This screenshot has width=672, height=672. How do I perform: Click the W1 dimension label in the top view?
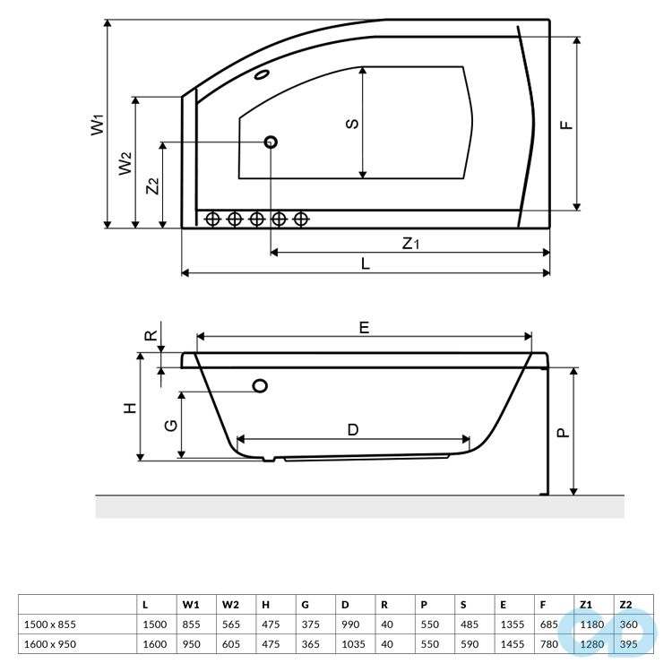click(98, 124)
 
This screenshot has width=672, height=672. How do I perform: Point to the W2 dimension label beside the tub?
click(126, 163)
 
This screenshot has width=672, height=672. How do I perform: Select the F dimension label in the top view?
click(565, 124)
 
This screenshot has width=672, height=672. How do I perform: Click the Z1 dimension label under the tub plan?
click(410, 242)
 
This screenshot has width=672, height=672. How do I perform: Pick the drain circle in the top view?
click(271, 142)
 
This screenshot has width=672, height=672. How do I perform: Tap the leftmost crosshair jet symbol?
click(213, 218)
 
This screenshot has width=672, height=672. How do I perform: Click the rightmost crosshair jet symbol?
click(301, 218)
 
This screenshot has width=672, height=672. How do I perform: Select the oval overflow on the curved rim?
click(265, 74)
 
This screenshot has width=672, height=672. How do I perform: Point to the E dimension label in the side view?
click(364, 327)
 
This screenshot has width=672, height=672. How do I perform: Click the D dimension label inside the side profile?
click(353, 429)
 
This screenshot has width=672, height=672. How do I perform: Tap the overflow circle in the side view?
click(261, 386)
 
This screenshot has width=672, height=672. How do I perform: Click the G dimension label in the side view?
click(170, 426)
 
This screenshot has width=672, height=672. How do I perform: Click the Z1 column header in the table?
click(586, 604)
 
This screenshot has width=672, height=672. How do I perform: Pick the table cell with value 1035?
click(353, 642)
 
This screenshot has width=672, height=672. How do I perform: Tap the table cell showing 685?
click(548, 624)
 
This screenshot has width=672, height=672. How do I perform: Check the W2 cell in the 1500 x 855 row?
click(230, 624)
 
